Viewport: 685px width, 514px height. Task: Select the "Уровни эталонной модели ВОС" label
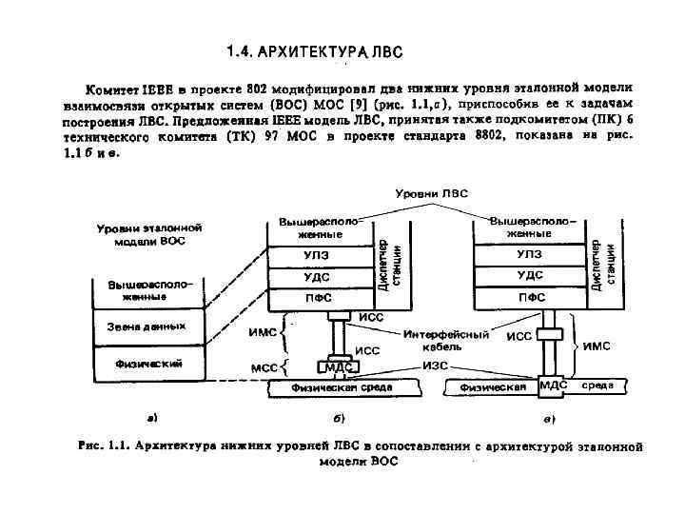point(147,235)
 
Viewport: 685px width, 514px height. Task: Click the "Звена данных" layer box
point(147,326)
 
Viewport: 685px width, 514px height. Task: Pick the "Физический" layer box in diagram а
point(147,363)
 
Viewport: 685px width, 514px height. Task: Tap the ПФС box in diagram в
point(530,297)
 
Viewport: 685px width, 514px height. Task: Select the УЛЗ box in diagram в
point(530,254)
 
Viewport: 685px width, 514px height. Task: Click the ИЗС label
point(436,366)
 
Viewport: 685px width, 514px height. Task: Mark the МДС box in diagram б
point(340,366)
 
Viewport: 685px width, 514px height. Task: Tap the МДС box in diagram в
point(553,385)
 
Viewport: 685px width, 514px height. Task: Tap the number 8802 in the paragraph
point(496,136)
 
